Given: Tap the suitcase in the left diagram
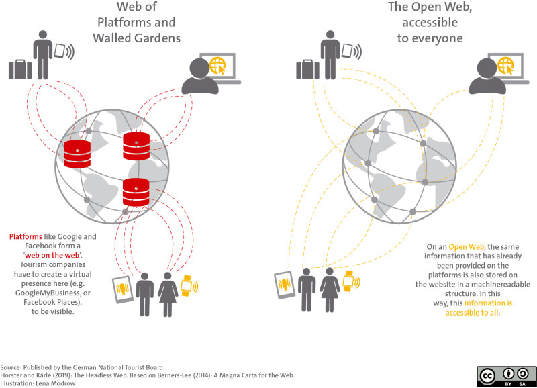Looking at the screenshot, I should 20,68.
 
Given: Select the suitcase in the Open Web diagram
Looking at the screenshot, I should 307,68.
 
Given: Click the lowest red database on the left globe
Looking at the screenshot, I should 136,192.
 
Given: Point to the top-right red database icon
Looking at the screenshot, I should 136,146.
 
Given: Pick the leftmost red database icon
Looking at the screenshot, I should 77,153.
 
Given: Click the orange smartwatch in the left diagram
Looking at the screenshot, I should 186,285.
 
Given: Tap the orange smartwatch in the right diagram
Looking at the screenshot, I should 348,280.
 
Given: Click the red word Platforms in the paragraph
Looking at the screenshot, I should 26,237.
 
